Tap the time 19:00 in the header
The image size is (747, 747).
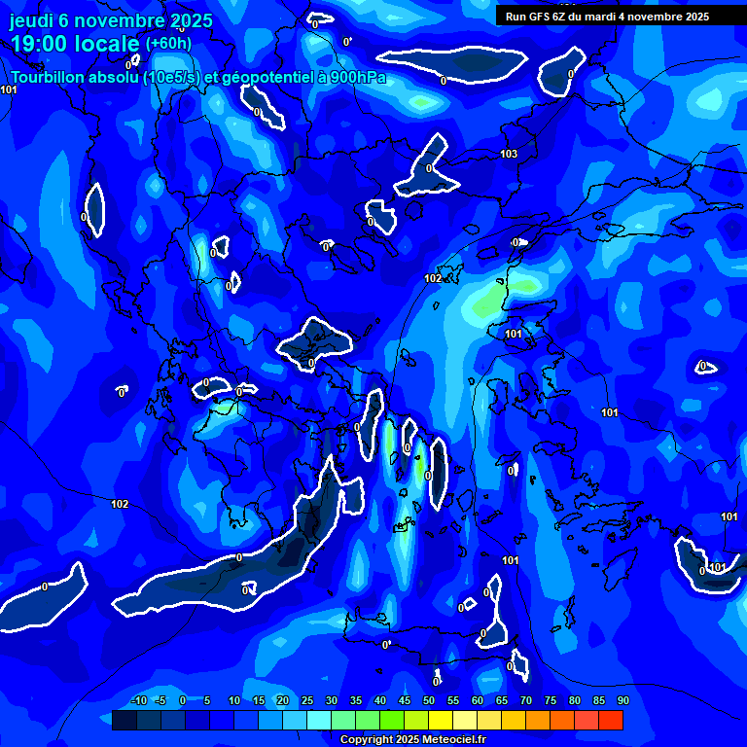click(38, 44)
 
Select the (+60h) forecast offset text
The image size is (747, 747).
click(168, 44)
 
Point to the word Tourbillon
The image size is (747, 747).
click(47, 78)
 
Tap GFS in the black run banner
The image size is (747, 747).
click(541, 17)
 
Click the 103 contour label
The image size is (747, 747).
click(509, 155)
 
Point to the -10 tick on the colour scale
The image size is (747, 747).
click(137, 700)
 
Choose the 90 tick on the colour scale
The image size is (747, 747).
click(622, 700)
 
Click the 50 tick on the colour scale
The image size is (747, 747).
click(428, 700)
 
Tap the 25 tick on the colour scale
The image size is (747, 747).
click(306, 700)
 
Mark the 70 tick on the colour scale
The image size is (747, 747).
click(525, 700)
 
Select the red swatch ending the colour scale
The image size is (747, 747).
click(611, 720)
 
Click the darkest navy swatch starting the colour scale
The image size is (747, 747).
click(124, 720)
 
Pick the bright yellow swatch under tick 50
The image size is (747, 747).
click(441, 720)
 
